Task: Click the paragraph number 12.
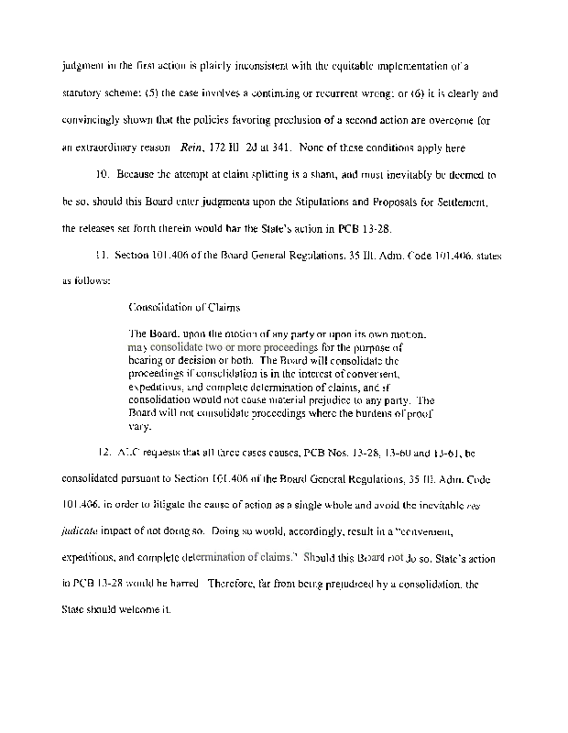point(104,453)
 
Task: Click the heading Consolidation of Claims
point(183,307)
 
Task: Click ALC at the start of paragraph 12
point(127,453)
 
